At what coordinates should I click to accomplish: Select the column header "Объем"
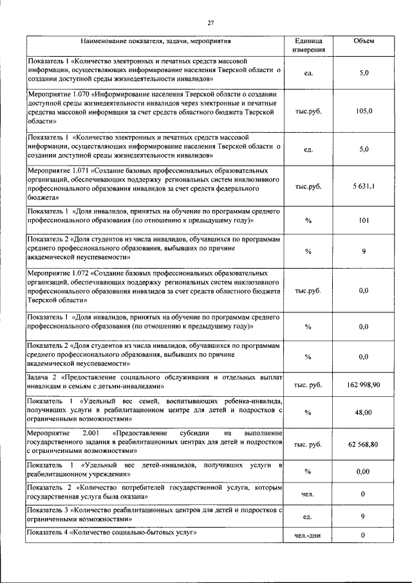364,41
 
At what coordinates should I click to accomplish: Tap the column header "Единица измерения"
308,44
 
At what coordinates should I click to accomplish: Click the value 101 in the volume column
364,220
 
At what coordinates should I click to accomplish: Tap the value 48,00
364,413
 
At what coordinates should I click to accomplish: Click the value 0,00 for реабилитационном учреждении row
364,472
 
